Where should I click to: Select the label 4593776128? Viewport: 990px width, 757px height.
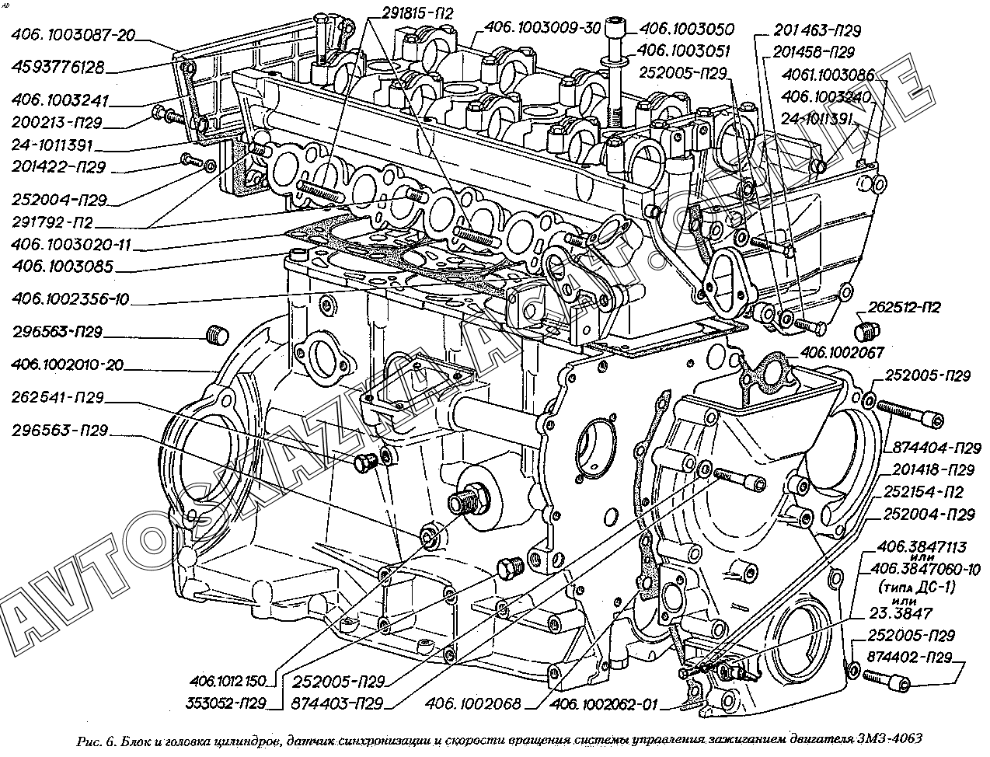[x=68, y=67]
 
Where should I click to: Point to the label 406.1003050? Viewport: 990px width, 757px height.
[x=686, y=30]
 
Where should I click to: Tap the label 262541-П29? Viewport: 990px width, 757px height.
[x=58, y=398]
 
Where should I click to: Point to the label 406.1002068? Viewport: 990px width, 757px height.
[x=476, y=705]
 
